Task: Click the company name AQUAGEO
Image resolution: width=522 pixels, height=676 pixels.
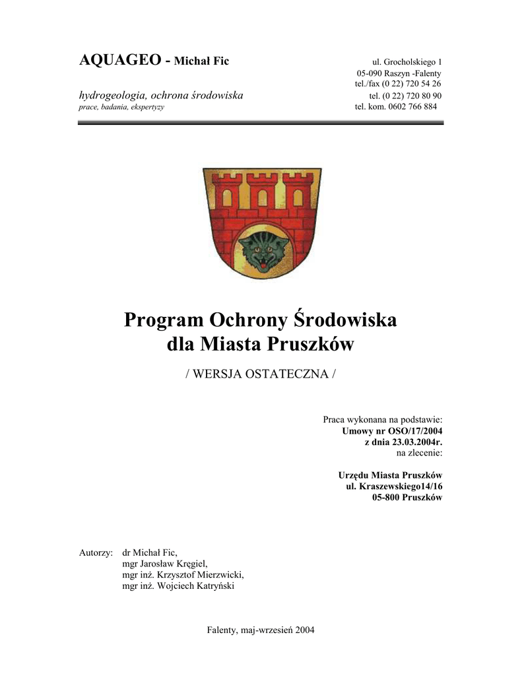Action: click(x=121, y=61)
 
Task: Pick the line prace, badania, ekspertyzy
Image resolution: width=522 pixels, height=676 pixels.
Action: click(x=121, y=107)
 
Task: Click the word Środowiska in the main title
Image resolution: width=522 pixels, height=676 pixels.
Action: click(x=345, y=321)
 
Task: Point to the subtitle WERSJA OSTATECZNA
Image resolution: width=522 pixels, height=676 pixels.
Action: click(x=261, y=374)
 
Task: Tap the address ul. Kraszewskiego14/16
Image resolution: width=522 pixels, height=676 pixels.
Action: click(x=394, y=487)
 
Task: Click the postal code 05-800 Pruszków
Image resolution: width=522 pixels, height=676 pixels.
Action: click(x=406, y=498)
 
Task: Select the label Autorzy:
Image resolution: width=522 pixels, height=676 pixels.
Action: click(x=96, y=552)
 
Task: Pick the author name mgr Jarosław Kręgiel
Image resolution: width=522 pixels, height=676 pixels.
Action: click(x=165, y=563)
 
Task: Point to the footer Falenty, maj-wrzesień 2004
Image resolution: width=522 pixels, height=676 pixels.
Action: click(x=261, y=630)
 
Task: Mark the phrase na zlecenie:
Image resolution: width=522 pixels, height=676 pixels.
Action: click(x=418, y=453)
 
